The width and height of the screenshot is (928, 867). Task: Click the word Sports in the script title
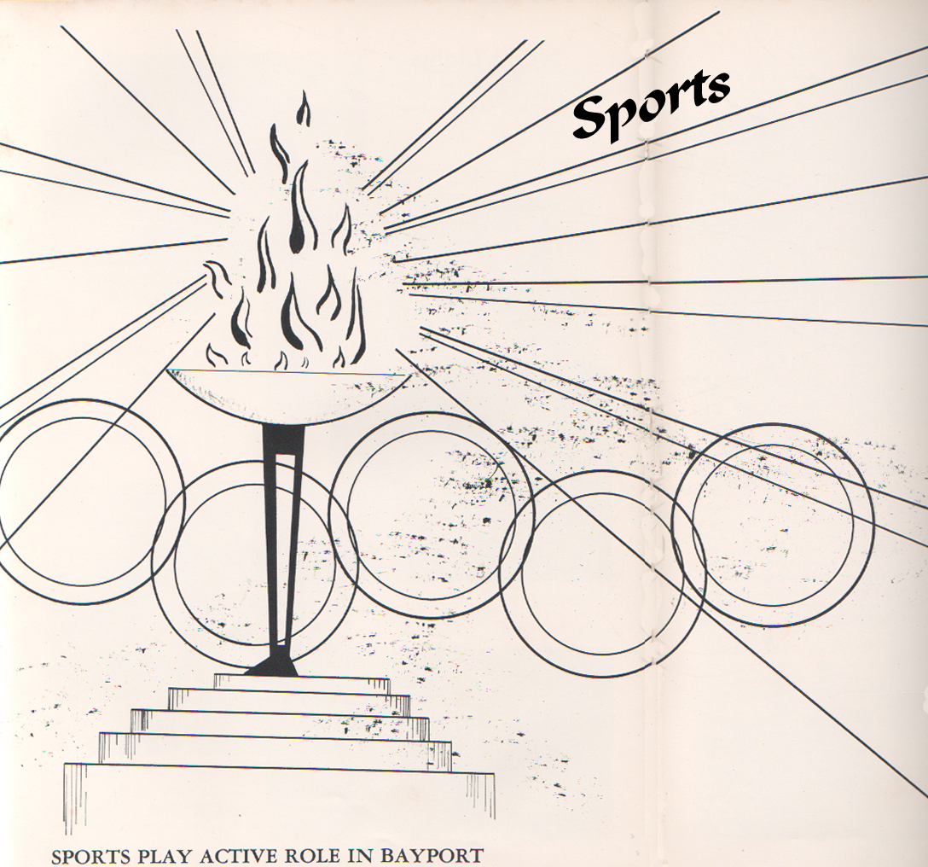coord(651,107)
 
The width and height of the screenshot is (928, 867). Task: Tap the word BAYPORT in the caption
coord(431,857)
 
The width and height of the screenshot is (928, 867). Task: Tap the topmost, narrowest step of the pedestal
coord(302,682)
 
